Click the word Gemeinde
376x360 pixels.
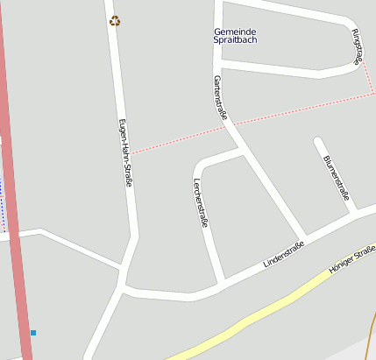[235, 32]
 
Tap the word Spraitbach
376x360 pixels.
[235, 40]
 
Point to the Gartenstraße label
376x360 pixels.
[221, 96]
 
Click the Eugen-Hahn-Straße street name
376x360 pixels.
[124, 152]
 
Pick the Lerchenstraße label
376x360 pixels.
[200, 202]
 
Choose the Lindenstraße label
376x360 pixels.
[284, 252]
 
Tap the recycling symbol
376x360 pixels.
[115, 21]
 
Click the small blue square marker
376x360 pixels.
[33, 333]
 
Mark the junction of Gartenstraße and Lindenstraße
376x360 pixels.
[303, 238]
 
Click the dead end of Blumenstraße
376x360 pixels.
[319, 141]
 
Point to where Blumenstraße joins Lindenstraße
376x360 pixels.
[352, 213]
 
